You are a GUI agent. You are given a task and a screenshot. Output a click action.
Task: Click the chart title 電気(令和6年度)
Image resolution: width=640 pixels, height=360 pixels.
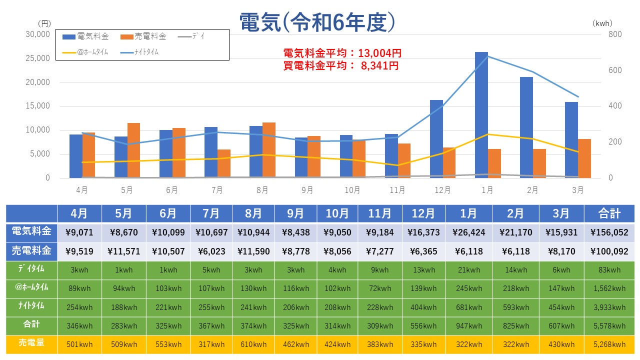click(318, 22)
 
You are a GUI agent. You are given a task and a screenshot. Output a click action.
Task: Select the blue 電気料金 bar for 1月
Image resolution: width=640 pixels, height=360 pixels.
click(481, 115)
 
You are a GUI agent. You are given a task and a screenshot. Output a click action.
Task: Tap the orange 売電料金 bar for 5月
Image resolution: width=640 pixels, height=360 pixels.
click(133, 150)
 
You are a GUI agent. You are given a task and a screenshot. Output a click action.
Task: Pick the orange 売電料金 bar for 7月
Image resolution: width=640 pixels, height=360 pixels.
click(224, 163)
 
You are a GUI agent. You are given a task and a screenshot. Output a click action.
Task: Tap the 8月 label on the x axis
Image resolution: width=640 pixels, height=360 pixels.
click(262, 190)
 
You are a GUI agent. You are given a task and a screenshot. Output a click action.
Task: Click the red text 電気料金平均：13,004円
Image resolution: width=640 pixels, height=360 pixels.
click(342, 53)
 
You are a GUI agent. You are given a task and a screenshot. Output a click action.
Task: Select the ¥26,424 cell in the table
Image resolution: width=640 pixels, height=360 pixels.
click(468, 232)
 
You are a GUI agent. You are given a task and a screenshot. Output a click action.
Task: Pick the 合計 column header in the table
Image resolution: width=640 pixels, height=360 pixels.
click(609, 213)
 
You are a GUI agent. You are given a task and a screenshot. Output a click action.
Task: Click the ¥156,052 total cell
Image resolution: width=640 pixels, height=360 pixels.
click(609, 232)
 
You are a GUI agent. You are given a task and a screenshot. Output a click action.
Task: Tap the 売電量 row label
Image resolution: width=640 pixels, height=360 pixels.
click(31, 343)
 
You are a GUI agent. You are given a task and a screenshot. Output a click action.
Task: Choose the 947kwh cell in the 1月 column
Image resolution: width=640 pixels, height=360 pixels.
click(468, 326)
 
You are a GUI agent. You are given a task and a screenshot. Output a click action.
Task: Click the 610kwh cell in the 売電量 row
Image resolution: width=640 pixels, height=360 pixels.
click(253, 344)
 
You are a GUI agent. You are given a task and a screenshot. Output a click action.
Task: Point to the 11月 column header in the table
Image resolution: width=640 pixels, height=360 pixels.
click(379, 213)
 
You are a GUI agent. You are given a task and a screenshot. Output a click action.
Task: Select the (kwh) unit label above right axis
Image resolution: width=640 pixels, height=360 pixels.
click(602, 23)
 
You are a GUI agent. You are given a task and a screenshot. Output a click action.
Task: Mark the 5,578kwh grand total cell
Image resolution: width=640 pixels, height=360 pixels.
click(609, 326)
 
